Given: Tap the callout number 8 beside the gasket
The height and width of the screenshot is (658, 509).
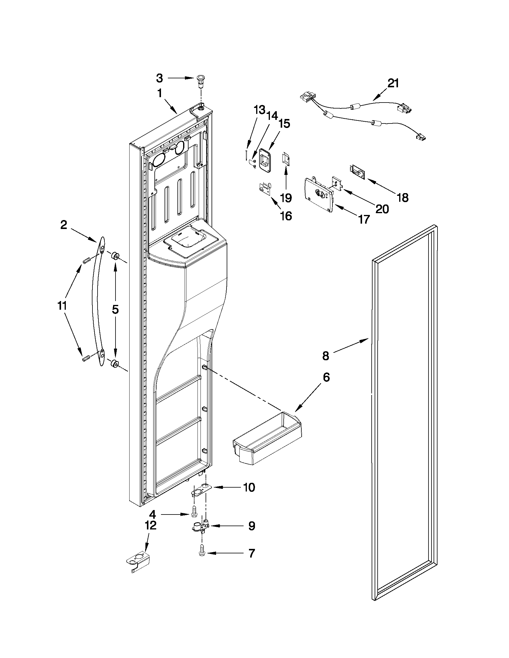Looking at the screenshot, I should point(326,356).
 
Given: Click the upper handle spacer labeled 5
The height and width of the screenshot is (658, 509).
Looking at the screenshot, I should point(115,256).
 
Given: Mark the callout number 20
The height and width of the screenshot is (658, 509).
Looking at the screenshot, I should point(382,209).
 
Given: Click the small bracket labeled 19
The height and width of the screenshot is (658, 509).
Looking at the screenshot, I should point(285,159).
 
